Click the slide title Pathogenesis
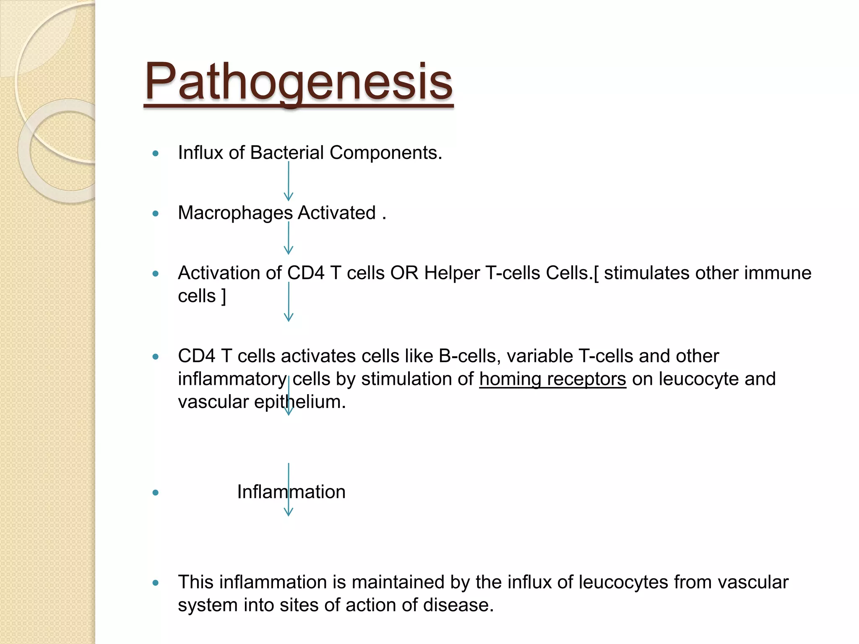[x=298, y=81]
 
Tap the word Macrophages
[x=235, y=213]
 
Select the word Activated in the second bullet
[x=337, y=213]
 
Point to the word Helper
[x=452, y=273]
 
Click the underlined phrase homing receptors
[x=552, y=379]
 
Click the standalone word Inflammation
[x=291, y=492]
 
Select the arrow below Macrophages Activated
[x=289, y=238]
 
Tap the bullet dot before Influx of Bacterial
[x=156, y=153]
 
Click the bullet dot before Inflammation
[x=156, y=493]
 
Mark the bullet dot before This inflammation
[x=156, y=583]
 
